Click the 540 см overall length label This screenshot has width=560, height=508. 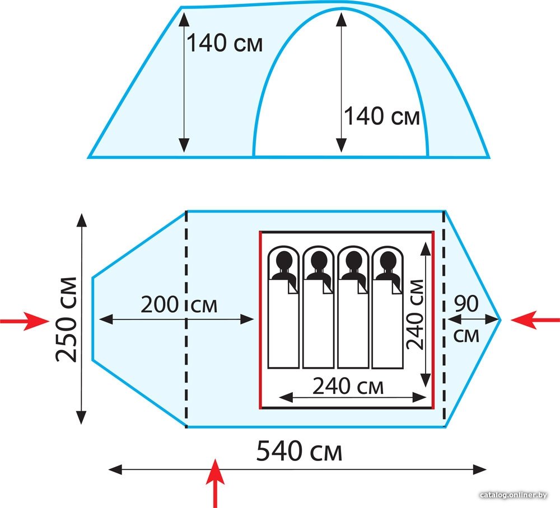[299, 451]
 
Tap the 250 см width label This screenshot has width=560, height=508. [67, 319]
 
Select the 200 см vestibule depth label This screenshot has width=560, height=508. [179, 305]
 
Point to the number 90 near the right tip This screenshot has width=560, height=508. [466, 304]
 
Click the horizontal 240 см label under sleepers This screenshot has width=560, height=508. [348, 386]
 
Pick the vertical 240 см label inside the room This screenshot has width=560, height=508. [416, 314]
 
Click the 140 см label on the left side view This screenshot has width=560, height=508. [225, 43]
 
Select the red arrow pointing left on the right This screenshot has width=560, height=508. [535, 319]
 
